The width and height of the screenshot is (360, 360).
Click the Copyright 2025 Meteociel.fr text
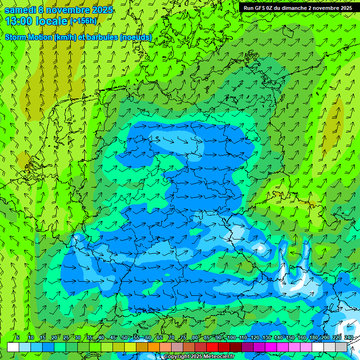coord(199,356)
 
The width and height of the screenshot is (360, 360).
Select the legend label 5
coord(18,338)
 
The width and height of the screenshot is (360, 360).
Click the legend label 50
coord(124,338)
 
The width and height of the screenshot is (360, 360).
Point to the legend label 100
coord(231,338)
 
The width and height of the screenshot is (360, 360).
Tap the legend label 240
coord(348,338)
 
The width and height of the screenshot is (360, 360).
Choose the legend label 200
coord(325,338)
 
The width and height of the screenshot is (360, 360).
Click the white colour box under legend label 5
coord(13,347)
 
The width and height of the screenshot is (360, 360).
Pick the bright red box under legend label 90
coord(213,347)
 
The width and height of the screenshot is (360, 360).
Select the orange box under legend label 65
coord(154,347)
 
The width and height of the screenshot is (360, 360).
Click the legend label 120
coord(255,338)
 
